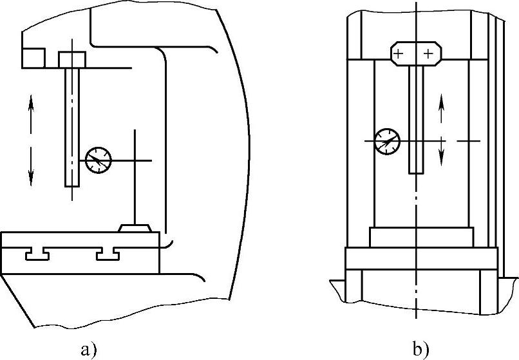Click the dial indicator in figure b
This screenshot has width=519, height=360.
[x=387, y=140]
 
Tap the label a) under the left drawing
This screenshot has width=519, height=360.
[x=90, y=350]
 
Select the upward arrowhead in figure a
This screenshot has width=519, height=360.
[x=31, y=103]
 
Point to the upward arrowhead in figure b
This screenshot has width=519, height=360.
[x=442, y=99]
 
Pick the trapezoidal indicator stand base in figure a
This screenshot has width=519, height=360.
[x=135, y=227]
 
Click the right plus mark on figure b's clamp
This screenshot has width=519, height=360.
[x=428, y=54]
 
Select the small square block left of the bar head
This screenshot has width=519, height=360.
[x=33, y=58]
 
